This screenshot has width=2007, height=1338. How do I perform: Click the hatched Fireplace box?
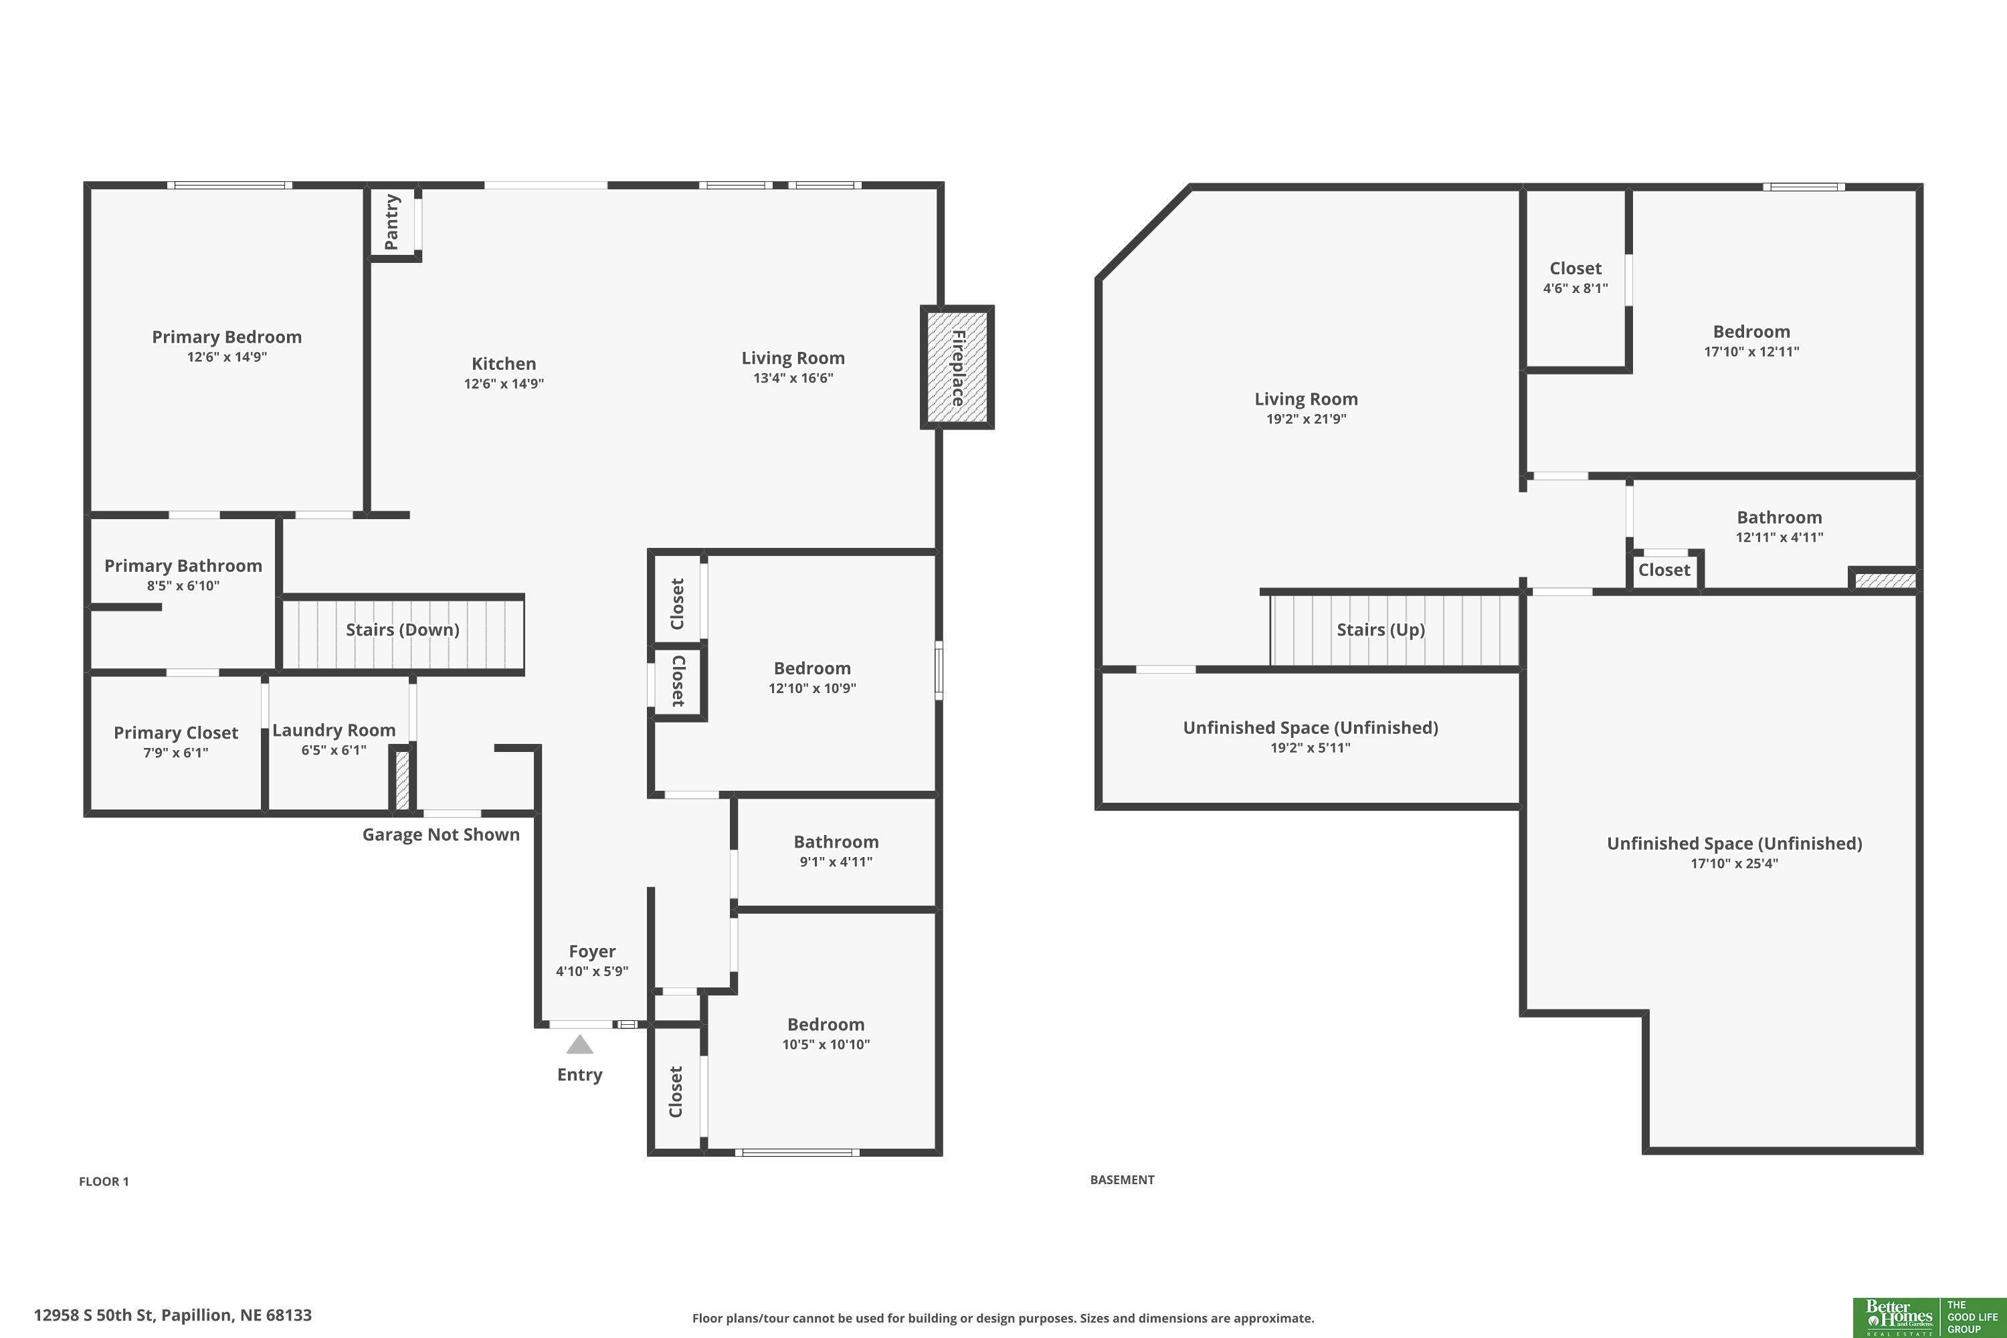click(957, 367)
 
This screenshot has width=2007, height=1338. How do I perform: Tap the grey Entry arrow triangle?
click(579, 1044)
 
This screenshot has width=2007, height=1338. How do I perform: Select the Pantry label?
click(391, 222)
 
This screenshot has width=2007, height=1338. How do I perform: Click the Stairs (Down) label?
click(403, 630)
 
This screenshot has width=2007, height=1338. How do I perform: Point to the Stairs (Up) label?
click(1381, 630)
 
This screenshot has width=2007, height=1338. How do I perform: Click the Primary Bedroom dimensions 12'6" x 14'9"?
click(227, 357)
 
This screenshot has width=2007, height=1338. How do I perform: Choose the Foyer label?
click(592, 951)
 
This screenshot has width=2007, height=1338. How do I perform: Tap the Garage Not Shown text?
click(441, 834)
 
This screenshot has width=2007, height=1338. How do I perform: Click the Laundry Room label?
click(334, 730)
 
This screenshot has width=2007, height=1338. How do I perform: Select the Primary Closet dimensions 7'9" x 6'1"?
click(176, 753)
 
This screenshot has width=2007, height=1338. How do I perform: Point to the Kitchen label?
click(504, 363)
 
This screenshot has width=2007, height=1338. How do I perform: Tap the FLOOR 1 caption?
click(104, 1182)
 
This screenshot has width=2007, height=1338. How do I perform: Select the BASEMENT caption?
click(1122, 1180)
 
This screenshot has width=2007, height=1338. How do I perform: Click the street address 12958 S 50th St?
click(94, 1315)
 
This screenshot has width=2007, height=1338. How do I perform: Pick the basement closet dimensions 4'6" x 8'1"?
click(1575, 288)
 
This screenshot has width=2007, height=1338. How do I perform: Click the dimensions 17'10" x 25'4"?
click(1735, 864)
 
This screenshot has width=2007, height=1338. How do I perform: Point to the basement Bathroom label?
click(1779, 517)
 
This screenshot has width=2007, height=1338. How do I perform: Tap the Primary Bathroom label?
click(183, 566)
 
